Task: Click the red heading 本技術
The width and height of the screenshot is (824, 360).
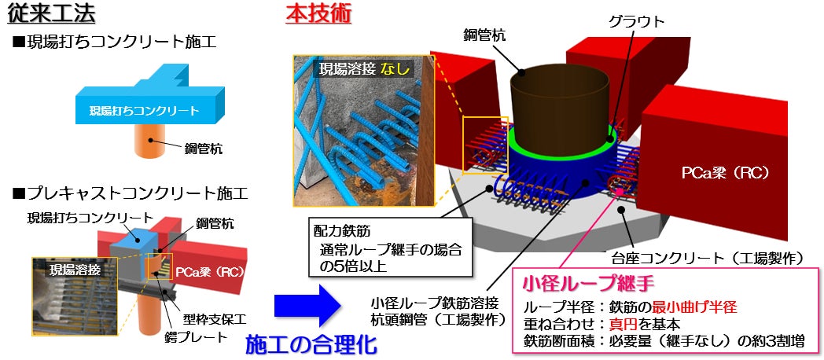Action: [306, 13]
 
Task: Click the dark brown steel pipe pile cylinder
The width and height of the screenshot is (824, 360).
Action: [562, 102]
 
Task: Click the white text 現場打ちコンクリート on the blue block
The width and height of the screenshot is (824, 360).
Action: [144, 110]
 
